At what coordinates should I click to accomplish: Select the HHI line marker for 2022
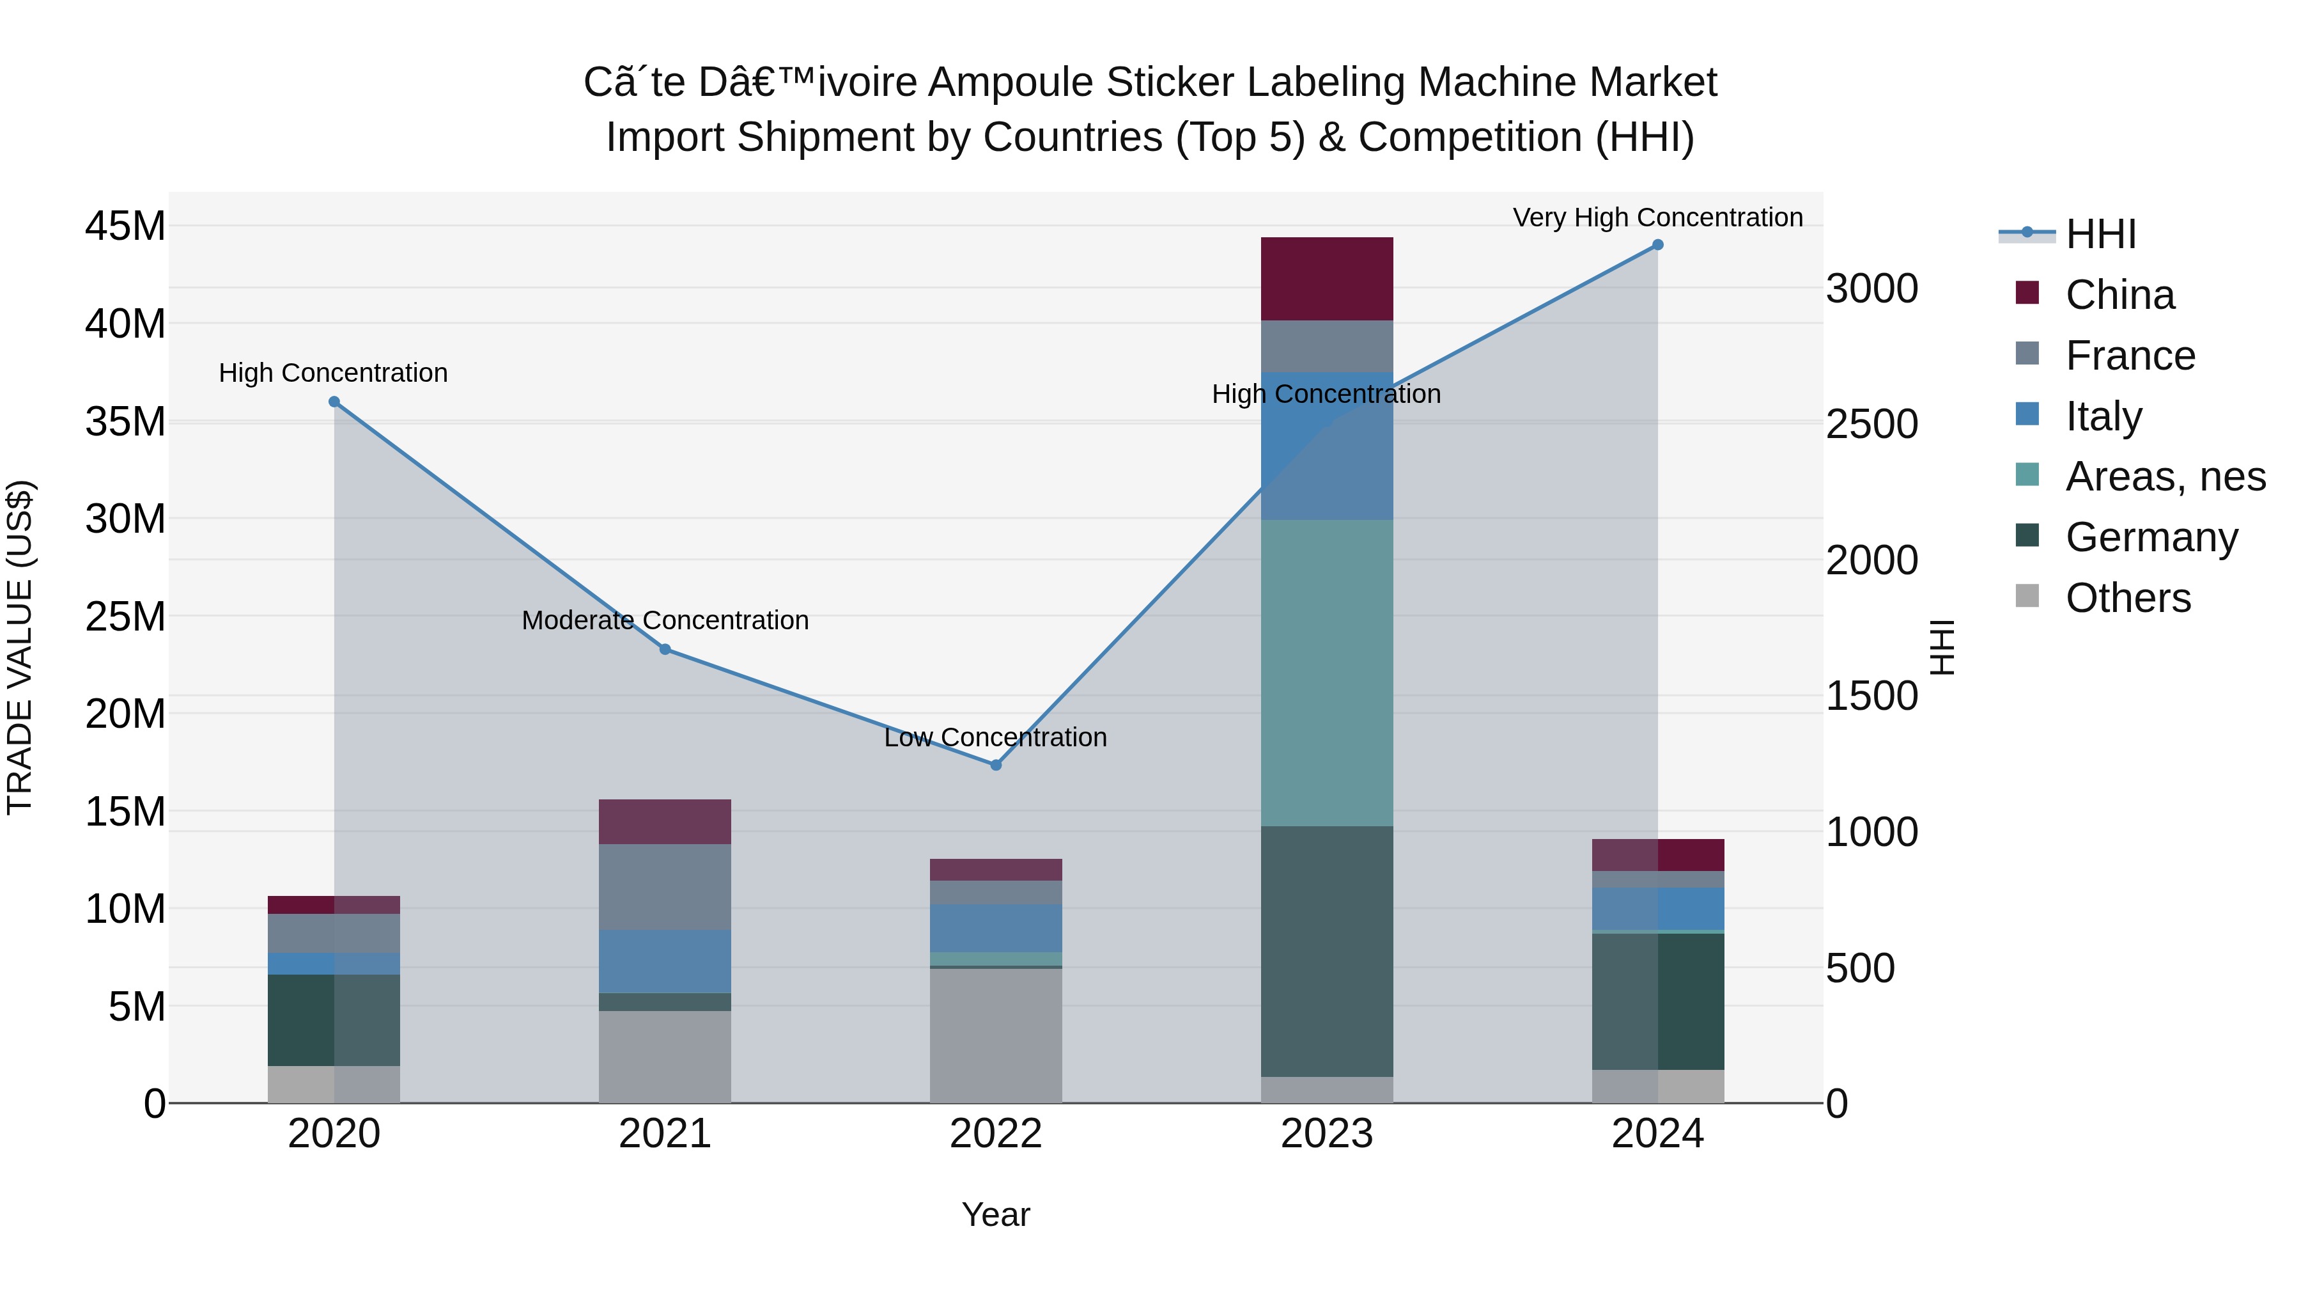click(x=996, y=765)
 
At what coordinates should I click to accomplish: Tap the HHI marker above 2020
click(x=334, y=402)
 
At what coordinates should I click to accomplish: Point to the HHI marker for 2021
click(x=665, y=650)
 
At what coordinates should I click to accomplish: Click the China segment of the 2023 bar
click(x=1326, y=279)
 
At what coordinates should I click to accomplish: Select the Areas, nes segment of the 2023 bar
click(x=1326, y=672)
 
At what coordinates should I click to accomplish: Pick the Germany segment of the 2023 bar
click(x=1326, y=951)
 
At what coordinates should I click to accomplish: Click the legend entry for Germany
click(x=2151, y=537)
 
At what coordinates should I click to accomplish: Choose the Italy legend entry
click(x=2103, y=416)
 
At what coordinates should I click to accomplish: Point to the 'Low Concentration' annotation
click(x=995, y=737)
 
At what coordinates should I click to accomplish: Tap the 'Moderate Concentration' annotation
click(x=665, y=620)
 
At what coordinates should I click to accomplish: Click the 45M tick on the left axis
click(x=125, y=226)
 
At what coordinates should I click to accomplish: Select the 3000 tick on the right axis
click(x=1871, y=288)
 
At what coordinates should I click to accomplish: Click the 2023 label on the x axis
click(x=1326, y=1134)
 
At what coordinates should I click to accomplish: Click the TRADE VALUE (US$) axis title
click(x=20, y=647)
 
